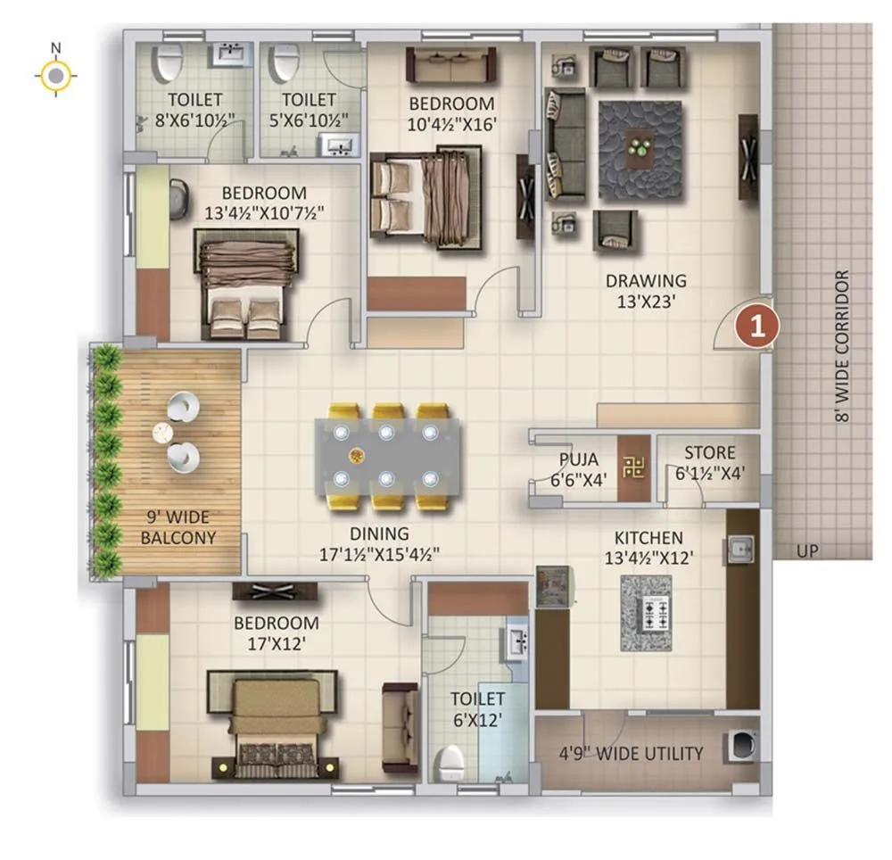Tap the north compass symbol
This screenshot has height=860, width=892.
[55, 77]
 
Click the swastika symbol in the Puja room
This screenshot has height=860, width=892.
[634, 467]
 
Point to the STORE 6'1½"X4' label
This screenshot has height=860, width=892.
[710, 463]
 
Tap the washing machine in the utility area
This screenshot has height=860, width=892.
[741, 746]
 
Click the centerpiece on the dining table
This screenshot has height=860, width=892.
[357, 456]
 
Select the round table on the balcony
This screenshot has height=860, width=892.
[161, 433]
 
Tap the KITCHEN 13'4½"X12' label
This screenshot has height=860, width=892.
[648, 549]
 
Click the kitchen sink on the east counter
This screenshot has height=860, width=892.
[741, 547]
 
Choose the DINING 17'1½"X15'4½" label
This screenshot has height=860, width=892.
[379, 543]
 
